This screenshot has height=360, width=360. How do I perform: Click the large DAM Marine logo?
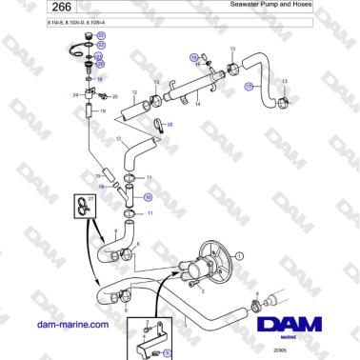pyautogui.click(x=294, y=324)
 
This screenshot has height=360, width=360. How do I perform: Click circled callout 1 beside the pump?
pyautogui.click(x=240, y=254)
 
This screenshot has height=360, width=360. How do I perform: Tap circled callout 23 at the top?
pyautogui.click(x=102, y=34)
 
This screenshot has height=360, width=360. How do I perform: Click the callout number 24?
pyautogui.click(x=76, y=94)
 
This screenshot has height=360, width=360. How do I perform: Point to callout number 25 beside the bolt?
pyautogui.click(x=115, y=96)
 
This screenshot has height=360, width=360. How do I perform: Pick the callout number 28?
pyautogui.click(x=171, y=124)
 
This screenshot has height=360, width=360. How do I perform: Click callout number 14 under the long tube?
pyautogui.click(x=197, y=105)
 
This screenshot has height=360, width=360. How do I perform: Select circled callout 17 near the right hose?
pyautogui.click(x=250, y=86)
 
